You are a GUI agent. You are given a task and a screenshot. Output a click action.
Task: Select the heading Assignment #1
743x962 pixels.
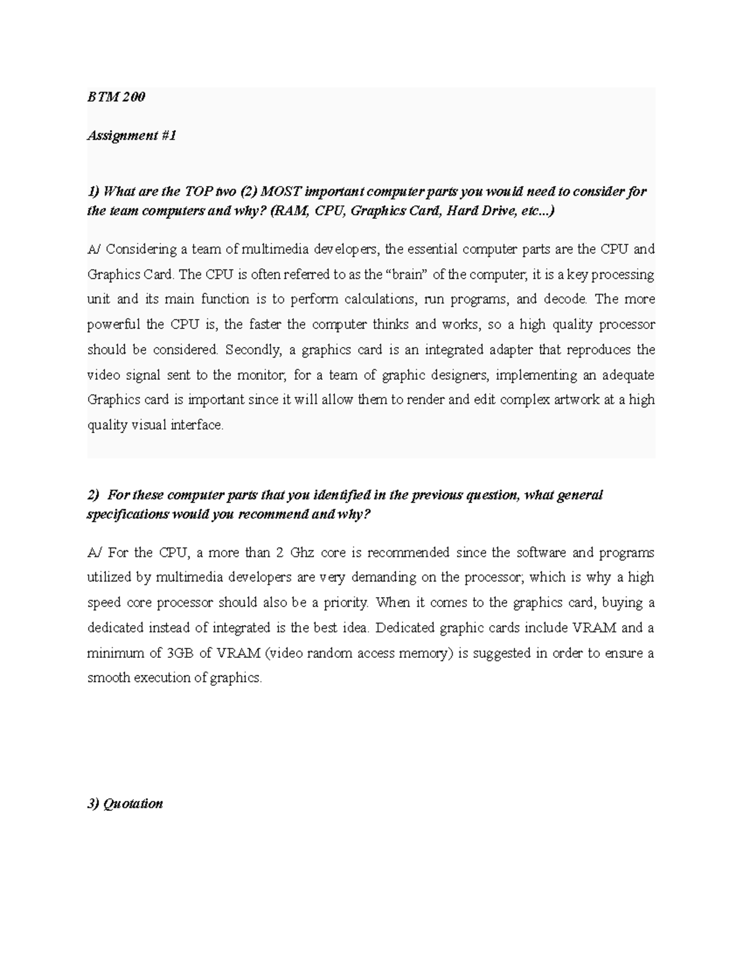coord(131,136)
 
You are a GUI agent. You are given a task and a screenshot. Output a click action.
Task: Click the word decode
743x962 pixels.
coord(565,299)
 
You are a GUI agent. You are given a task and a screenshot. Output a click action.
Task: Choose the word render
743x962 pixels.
coord(426,400)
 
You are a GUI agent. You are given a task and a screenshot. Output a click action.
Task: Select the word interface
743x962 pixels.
coord(196,426)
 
